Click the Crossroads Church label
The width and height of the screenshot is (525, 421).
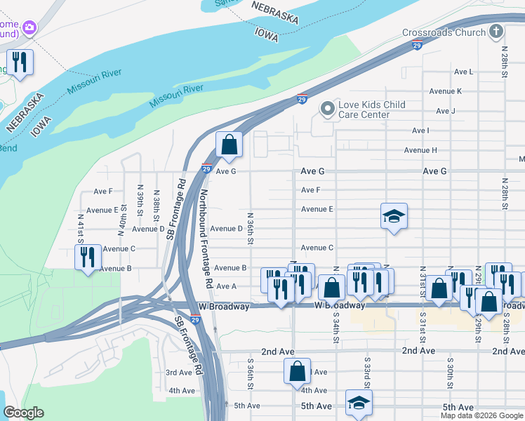click(444, 32)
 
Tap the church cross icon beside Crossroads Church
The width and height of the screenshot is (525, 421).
click(496, 32)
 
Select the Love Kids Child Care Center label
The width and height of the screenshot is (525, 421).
click(372, 109)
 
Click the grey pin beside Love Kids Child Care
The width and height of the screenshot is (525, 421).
click(326, 109)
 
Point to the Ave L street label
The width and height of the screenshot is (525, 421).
click(463, 72)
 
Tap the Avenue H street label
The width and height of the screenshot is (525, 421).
click(420, 150)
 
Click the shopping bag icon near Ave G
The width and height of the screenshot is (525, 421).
click(229, 145)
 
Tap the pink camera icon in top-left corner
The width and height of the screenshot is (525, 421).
click(29, 27)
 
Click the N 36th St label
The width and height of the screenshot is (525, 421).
click(250, 229)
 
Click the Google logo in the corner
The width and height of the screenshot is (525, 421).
click(23, 413)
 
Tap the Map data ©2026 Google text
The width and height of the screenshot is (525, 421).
click(481, 415)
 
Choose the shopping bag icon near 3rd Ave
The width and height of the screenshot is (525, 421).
click(297, 370)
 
